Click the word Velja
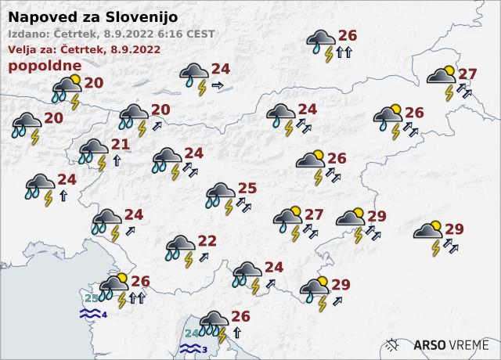pos(24,49)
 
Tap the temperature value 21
pos(120,144)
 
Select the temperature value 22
pos(207,240)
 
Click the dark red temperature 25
pos(247,188)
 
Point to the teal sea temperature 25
pos(92,298)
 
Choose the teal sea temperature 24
pos(192,333)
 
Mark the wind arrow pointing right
pos(217,85)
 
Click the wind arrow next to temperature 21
pos(117,160)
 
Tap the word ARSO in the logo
pos(430,344)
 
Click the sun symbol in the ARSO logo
pos(395,344)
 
